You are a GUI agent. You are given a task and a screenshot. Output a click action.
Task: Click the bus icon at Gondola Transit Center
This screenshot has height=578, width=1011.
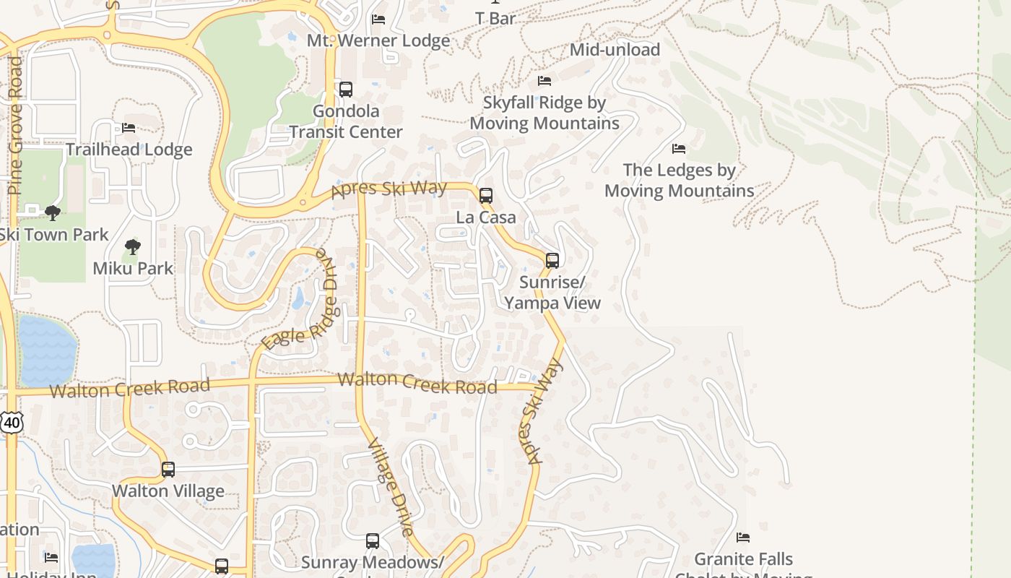346,90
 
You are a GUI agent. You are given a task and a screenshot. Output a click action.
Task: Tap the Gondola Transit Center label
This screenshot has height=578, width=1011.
346,121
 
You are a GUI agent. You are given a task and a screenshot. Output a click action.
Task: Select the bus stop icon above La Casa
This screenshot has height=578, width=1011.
486,195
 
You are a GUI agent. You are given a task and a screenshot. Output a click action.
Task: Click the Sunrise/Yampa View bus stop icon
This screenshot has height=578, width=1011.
552,260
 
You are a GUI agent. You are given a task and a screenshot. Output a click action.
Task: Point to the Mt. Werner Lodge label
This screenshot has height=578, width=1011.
378,40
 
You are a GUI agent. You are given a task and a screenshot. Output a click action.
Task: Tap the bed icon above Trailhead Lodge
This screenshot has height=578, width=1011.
129,128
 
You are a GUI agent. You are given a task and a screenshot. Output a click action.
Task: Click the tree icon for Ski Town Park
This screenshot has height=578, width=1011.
52,212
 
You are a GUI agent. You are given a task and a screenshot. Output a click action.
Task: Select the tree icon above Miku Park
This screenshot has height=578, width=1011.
132,247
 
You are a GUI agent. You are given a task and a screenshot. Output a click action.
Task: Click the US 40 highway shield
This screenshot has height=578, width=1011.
12,422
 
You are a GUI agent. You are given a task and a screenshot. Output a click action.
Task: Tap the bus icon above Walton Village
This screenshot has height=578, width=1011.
168,470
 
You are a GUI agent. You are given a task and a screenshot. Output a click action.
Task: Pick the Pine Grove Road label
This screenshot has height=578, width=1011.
15,126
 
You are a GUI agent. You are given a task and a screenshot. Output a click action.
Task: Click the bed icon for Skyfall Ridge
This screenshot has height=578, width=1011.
544,81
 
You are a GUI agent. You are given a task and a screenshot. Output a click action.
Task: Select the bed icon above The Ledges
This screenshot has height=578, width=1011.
679,149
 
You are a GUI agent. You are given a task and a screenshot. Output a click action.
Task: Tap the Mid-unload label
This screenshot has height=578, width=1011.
615,50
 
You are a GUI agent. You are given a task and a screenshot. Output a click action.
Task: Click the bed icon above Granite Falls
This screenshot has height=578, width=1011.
743,538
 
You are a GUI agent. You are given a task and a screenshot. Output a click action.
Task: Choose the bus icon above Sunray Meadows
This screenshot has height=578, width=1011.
373,540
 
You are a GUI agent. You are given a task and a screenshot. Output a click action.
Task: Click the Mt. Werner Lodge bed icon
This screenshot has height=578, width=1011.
378,19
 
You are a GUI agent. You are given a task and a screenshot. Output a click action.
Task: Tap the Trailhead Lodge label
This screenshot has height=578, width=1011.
129,150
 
